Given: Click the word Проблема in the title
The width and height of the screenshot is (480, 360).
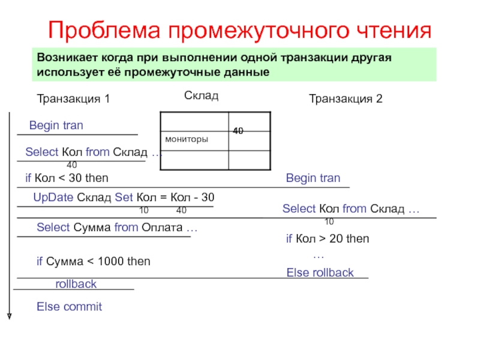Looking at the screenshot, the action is pyautogui.click(x=97, y=30).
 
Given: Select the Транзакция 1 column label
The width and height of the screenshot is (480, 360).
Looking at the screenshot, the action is pyautogui.click(x=73, y=99).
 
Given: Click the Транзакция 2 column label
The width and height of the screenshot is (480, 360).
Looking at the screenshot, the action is pyautogui.click(x=345, y=99).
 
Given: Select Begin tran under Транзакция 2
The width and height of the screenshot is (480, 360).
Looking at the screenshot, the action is pyautogui.click(x=313, y=178).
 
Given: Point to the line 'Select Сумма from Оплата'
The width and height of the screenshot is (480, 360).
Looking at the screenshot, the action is pyautogui.click(x=117, y=228).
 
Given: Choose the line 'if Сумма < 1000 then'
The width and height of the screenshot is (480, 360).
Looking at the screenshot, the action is pyautogui.click(x=93, y=262).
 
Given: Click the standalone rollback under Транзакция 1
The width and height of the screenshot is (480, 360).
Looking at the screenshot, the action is pyautogui.click(x=76, y=284).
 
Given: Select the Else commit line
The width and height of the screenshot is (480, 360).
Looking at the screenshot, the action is pyautogui.click(x=69, y=307).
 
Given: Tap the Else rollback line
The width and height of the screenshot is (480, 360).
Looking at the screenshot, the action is pyautogui.click(x=320, y=273).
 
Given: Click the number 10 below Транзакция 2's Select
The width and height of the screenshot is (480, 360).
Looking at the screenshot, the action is pyautogui.click(x=329, y=222).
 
